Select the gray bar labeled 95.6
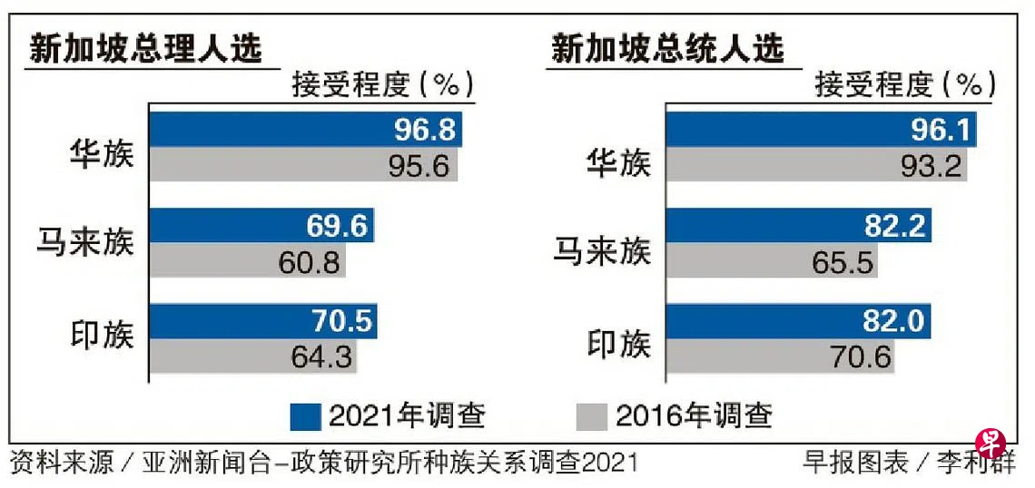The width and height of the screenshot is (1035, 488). [x=303, y=166]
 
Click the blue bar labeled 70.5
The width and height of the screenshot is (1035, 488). [x=263, y=320]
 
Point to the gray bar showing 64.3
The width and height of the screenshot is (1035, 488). [x=253, y=356]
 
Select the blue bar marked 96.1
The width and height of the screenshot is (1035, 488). [x=822, y=130]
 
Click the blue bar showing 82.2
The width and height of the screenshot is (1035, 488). [x=799, y=225]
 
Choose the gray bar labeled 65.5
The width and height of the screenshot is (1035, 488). [x=771, y=261]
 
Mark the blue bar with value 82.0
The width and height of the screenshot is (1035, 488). [x=798, y=320]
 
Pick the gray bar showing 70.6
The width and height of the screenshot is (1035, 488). [x=780, y=356]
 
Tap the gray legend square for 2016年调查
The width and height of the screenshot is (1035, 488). [x=592, y=416]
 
